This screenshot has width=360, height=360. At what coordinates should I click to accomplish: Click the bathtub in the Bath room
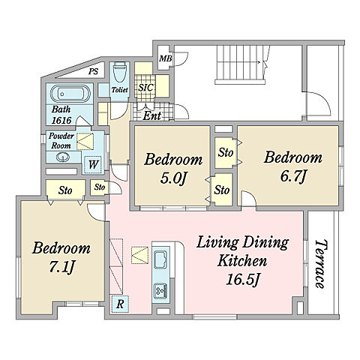pos(70,94)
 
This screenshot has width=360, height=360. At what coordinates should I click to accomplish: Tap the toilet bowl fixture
pos(119,72)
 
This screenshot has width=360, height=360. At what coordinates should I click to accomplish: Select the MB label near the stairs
pos(166,58)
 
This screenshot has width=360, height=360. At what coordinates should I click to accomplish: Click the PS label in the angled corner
pos(93,72)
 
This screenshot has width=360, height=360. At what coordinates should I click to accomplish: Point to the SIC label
pos(145,88)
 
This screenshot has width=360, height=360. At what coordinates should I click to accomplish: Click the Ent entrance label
pos(152,115)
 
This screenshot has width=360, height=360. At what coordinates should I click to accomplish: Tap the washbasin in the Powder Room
pos(62,157)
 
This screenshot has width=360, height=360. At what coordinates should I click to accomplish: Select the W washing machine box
pos(93,164)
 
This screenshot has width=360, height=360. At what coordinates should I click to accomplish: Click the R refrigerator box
pos(120,304)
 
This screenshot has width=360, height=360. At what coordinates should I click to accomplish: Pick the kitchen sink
pos(160,259)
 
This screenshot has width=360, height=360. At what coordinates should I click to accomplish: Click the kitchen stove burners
pos(160,290)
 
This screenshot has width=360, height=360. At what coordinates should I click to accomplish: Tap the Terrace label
pos(321,264)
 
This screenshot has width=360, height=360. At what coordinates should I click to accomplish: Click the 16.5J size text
pos(242,280)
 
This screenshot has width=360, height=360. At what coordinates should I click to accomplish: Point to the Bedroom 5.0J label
pos(173,169)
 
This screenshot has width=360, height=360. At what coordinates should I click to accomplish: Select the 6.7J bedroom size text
pos(293,176)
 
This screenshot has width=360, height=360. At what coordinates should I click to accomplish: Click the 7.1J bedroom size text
pos(61,267)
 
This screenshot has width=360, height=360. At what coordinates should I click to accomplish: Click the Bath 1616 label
pos(61,115)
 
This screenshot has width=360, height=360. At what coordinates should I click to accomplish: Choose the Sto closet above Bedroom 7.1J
pos(65,190)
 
